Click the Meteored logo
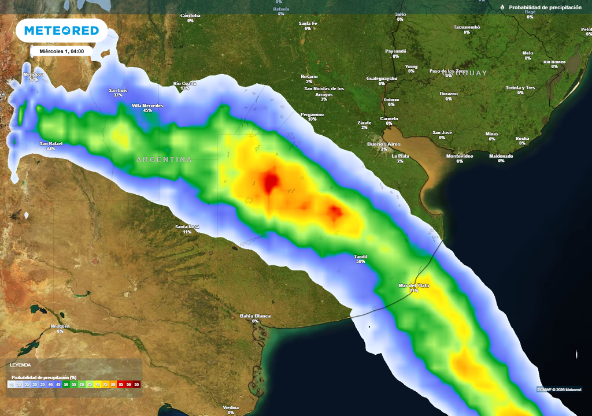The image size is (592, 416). pyautogui.click(x=61, y=31)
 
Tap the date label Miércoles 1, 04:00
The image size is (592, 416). pyautogui.click(x=61, y=51)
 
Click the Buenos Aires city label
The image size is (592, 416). pyautogui.click(x=384, y=143)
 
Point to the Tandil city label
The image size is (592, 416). pyautogui.click(x=360, y=257)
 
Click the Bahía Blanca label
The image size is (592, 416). pyautogui.click(x=255, y=316)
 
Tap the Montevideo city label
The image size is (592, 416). pyautogui.click(x=460, y=157)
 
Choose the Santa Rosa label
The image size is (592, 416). pyautogui.click(x=187, y=227)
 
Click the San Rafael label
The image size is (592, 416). pyautogui.click(x=51, y=143)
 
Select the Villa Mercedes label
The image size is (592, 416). pyautogui.click(x=147, y=106)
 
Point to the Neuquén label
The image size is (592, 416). pyautogui.click(x=60, y=326)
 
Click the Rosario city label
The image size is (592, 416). pyautogui.click(x=309, y=77)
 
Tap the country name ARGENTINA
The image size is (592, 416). pyautogui.click(x=164, y=159)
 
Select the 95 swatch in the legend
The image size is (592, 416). pyautogui.click(x=137, y=384)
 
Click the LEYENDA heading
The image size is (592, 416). pyautogui.click(x=20, y=365)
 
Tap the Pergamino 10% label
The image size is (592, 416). pyautogui.click(x=312, y=114)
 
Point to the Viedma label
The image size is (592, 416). pyautogui.click(x=231, y=407)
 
